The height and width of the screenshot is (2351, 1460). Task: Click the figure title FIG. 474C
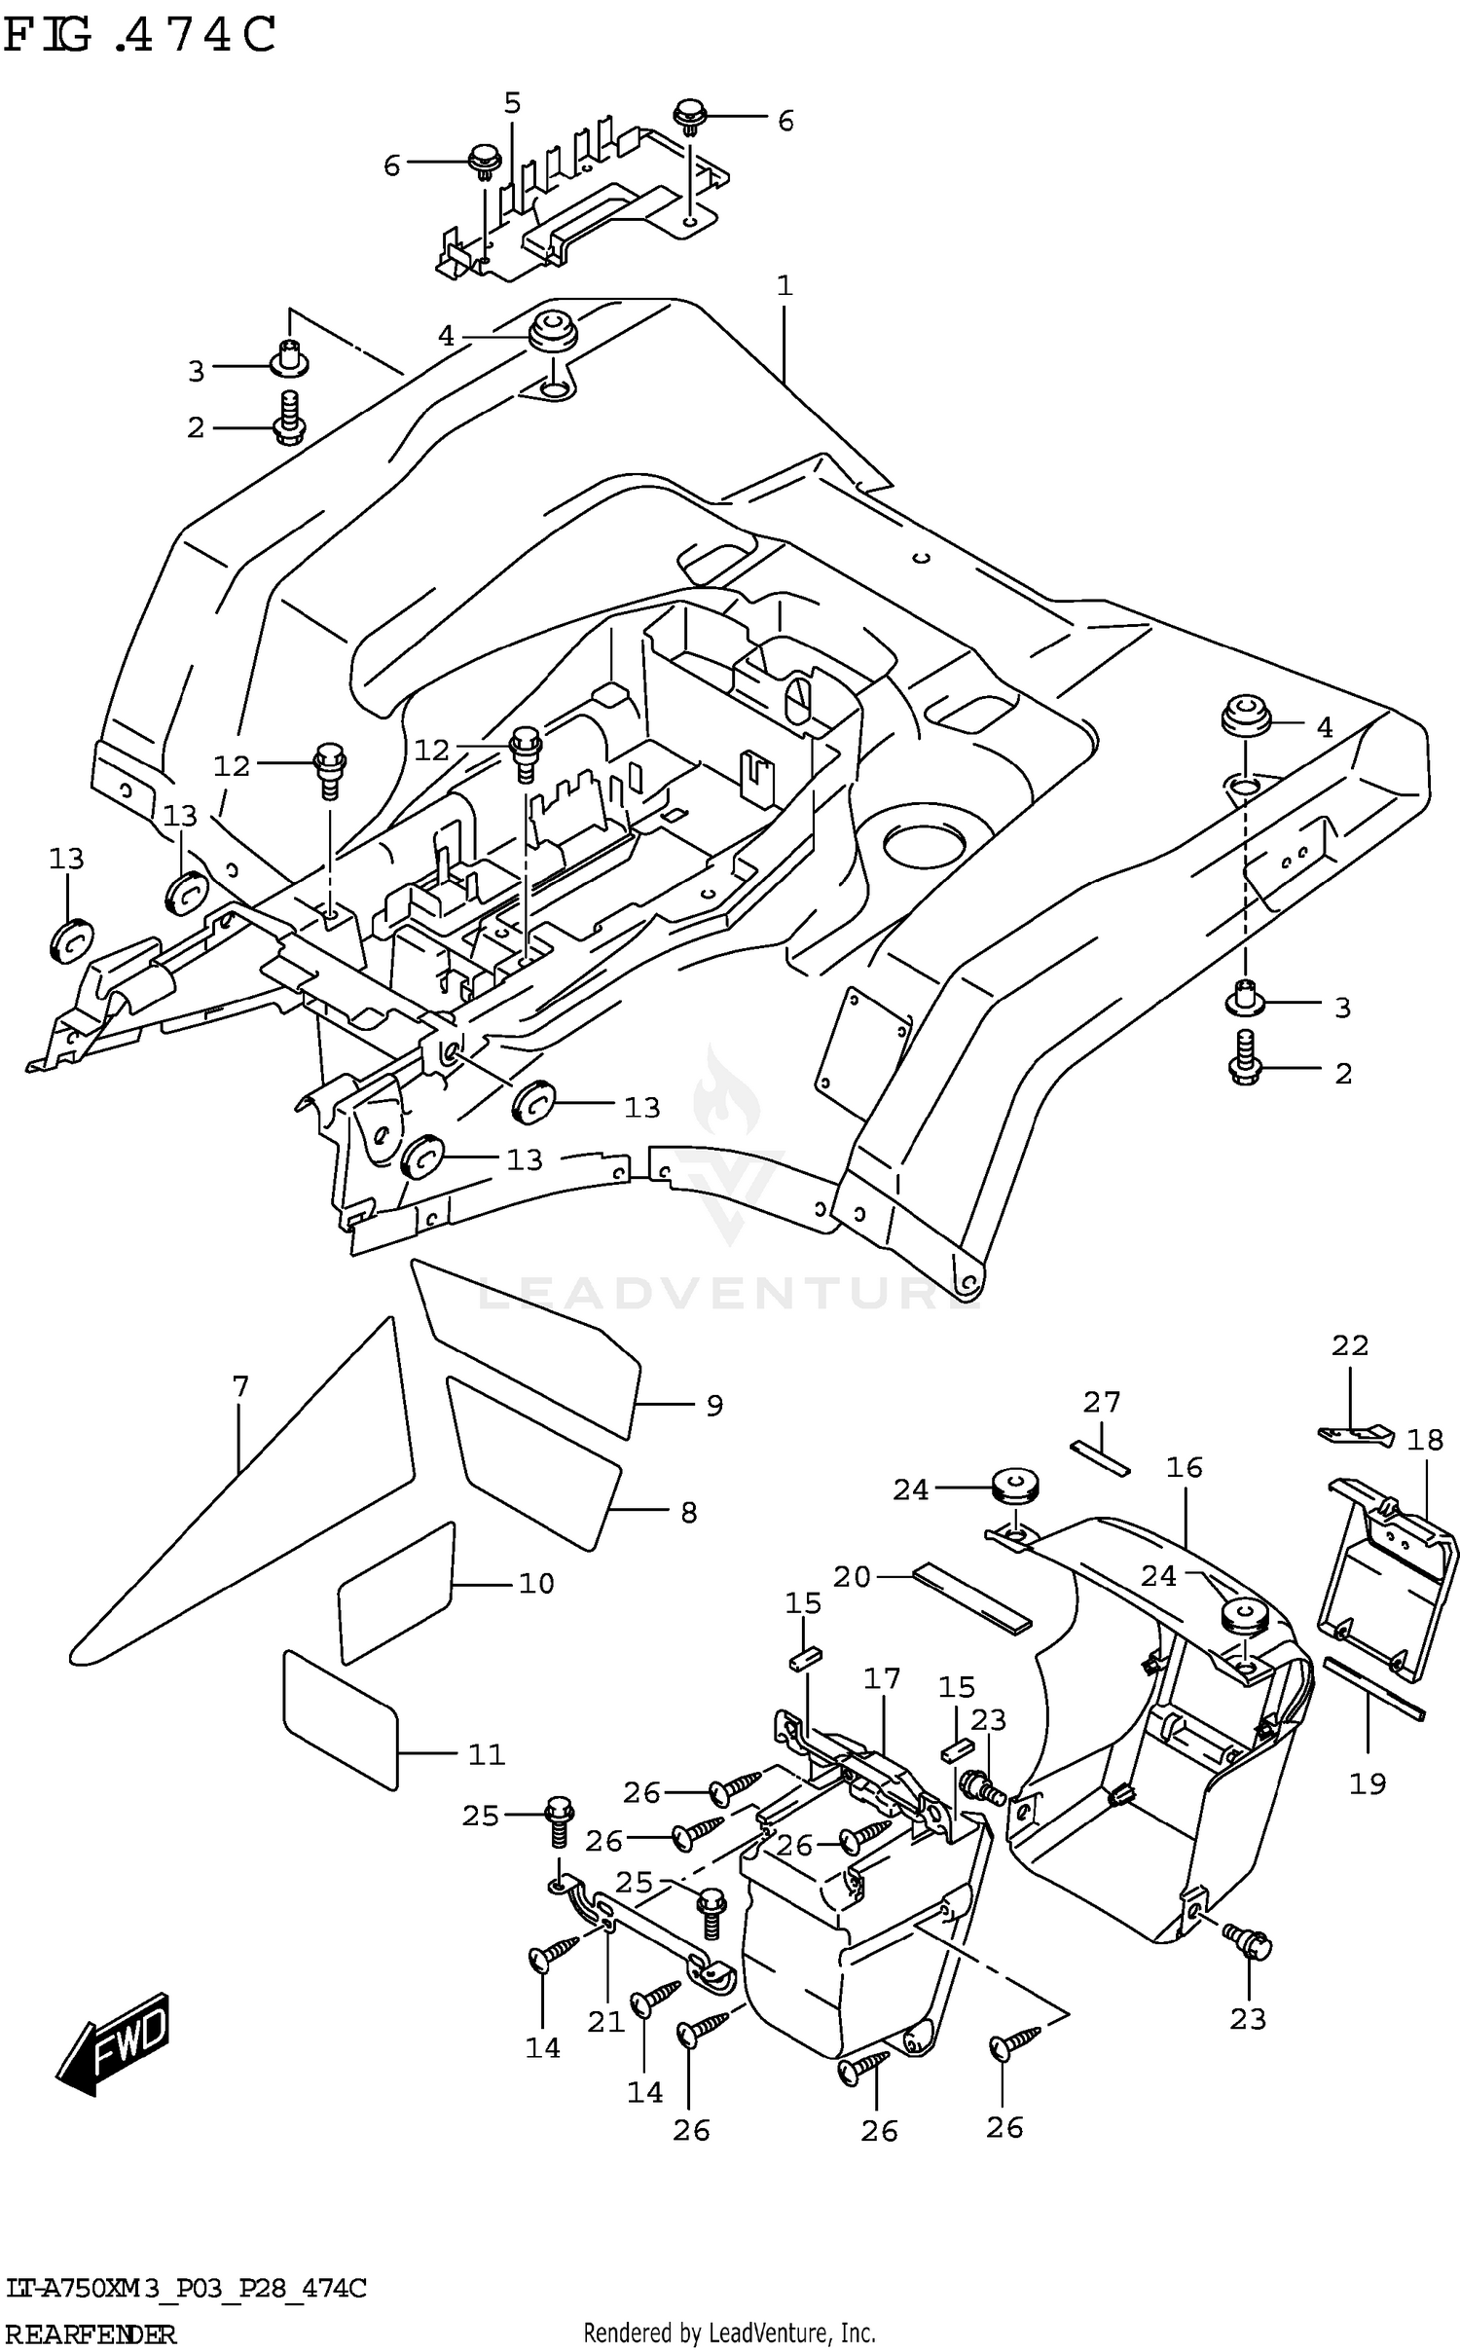coord(141,36)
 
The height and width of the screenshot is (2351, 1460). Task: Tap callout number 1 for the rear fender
coord(785,285)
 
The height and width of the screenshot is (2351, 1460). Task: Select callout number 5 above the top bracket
coord(513,103)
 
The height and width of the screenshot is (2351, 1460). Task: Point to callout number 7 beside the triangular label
coord(240,1385)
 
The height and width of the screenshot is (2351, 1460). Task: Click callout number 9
coord(714,1406)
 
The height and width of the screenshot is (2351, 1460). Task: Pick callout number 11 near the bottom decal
coord(487,1754)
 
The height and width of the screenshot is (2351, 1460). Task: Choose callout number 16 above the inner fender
coord(1185,1467)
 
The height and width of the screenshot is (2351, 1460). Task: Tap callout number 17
coord(882,1678)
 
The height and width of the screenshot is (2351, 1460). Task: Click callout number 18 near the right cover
coord(1425,1440)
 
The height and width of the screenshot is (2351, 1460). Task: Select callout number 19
coord(1368,1783)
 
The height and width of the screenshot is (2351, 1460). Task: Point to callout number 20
coord(852,1576)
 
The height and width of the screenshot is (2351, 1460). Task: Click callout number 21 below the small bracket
coord(605,2022)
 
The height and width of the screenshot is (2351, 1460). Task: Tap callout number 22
coord(1350,1345)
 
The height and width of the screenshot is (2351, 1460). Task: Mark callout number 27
coord(1102,1402)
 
